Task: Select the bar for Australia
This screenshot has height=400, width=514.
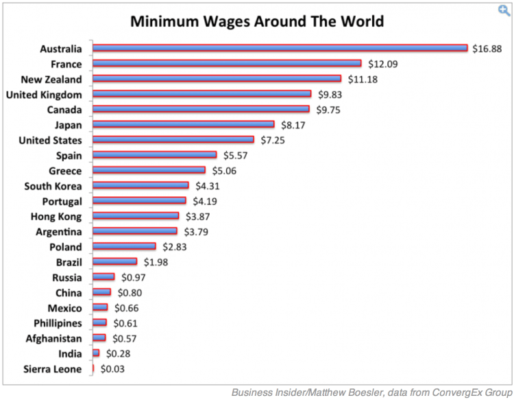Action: point(280,48)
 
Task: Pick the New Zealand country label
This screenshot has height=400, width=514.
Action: point(51,79)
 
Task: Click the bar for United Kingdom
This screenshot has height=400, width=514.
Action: point(201,94)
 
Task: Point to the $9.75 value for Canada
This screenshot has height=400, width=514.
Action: point(329,110)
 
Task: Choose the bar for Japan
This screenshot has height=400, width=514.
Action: point(183,125)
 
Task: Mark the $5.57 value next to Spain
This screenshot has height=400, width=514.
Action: point(236,156)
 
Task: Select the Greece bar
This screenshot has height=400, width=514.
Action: point(149,171)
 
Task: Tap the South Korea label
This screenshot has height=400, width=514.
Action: point(53,186)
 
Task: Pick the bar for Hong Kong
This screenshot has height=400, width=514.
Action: point(136,217)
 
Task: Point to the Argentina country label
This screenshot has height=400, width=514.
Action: point(59,232)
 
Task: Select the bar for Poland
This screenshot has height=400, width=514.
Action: point(124,247)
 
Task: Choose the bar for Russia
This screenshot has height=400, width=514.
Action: point(103,278)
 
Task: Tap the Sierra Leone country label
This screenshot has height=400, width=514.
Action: point(53,370)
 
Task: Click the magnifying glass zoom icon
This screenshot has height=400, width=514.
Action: point(504,8)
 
